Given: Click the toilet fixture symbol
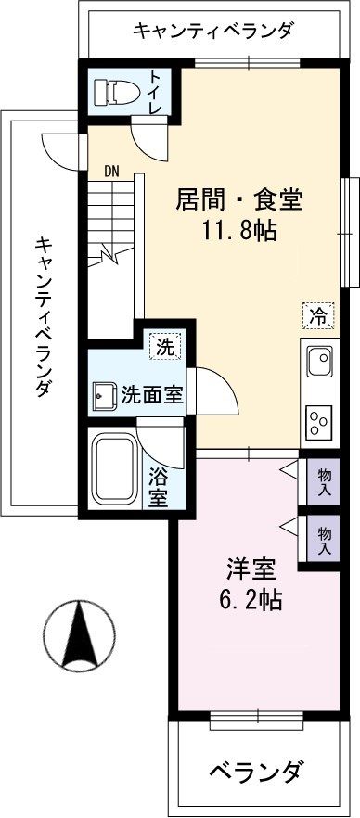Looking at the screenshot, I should coord(118,92).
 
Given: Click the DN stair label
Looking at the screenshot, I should coord(112,171).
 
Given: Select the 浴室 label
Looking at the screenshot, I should coord(158,486).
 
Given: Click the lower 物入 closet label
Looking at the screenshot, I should coord(324,541).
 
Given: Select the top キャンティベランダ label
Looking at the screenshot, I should coord(213,31).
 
